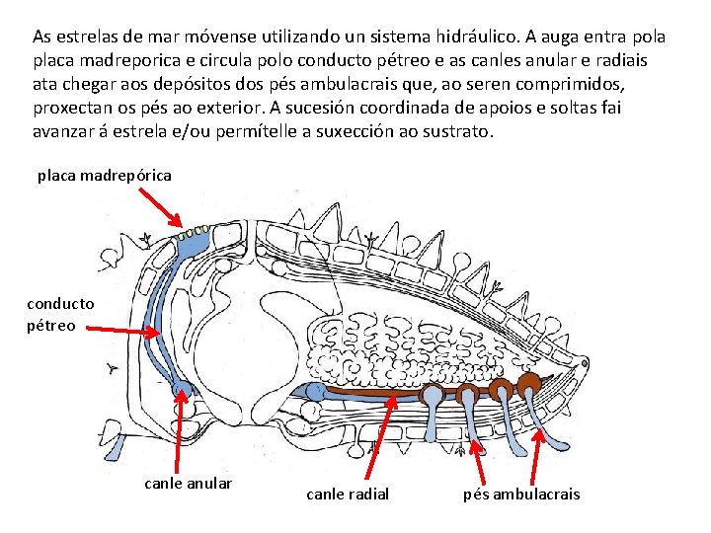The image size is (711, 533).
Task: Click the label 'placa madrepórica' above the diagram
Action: tap(105, 176)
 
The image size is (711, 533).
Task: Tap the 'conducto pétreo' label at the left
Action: tap(60, 315)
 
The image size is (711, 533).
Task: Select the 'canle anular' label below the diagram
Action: tap(189, 484)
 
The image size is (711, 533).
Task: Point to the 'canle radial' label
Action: tap(348, 494)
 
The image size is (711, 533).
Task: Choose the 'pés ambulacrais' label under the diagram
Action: tap(521, 494)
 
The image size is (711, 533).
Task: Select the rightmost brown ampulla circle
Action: tap(530, 383)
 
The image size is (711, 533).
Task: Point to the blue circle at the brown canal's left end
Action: tap(315, 393)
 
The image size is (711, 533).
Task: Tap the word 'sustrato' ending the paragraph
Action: tap(456, 131)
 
